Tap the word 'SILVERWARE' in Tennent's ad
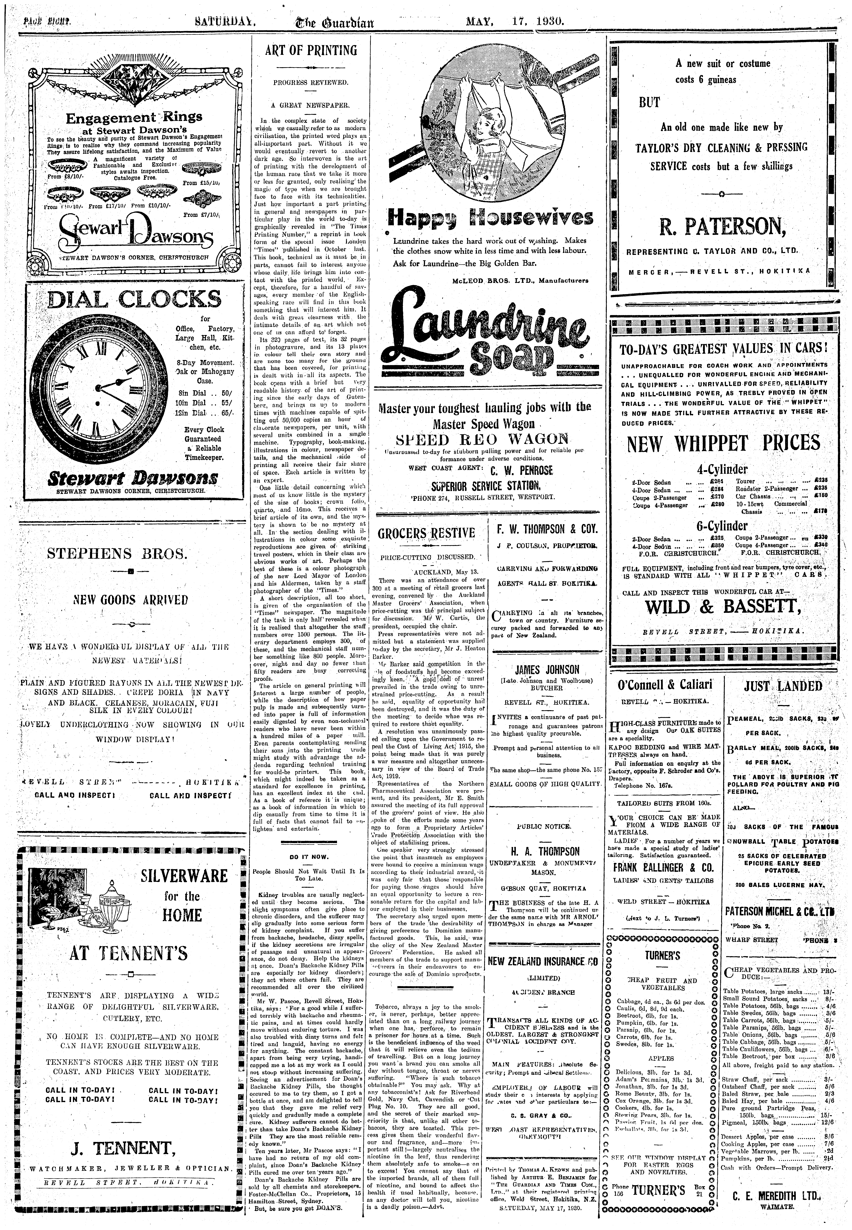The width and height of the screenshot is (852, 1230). tap(185, 876)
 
